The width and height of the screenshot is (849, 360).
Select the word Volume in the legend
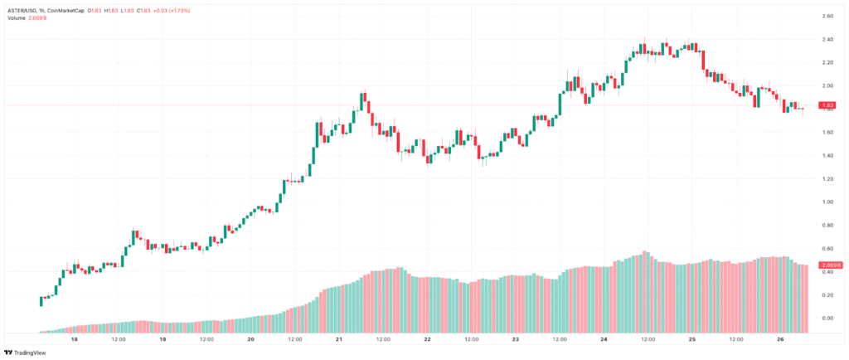17,18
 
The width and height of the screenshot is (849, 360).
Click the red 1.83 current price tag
826,105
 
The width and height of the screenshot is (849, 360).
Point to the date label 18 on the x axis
74,339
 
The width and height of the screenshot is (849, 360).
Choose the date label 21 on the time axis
339,339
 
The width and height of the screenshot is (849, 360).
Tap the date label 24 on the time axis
604,339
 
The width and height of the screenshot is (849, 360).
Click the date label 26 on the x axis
780,339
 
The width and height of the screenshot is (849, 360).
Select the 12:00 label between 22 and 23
471,339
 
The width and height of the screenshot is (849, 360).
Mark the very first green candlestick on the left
41,300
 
